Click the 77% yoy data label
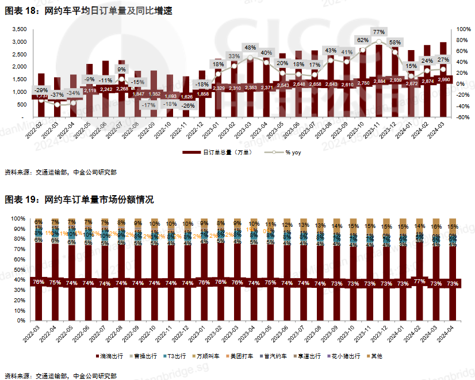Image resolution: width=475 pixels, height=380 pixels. [x=378, y=32]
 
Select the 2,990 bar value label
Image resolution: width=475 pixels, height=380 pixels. [x=443, y=80]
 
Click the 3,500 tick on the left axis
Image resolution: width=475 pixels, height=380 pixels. [x=20, y=29]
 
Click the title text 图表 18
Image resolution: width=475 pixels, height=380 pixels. [x=21, y=11]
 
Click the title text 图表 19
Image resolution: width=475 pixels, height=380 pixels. [x=21, y=200]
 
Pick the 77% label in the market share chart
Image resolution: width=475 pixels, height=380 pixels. [x=419, y=282]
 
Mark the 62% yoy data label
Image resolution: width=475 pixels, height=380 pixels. [x=362, y=40]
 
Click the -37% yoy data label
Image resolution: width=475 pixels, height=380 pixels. [x=56, y=94]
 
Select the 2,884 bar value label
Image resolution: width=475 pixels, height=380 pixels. [x=379, y=82]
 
